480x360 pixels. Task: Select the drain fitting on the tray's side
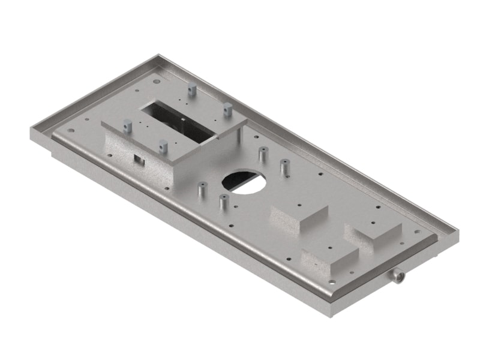[397, 277]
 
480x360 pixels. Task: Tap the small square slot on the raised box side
[139, 159]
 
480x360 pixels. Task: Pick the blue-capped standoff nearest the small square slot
[162, 147]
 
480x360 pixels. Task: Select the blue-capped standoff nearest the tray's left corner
[127, 126]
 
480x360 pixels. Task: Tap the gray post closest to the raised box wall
[200, 191]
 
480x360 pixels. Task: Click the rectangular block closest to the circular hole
[298, 219]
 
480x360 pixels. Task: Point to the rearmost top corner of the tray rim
[157, 56]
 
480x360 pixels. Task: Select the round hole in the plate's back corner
[157, 81]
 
